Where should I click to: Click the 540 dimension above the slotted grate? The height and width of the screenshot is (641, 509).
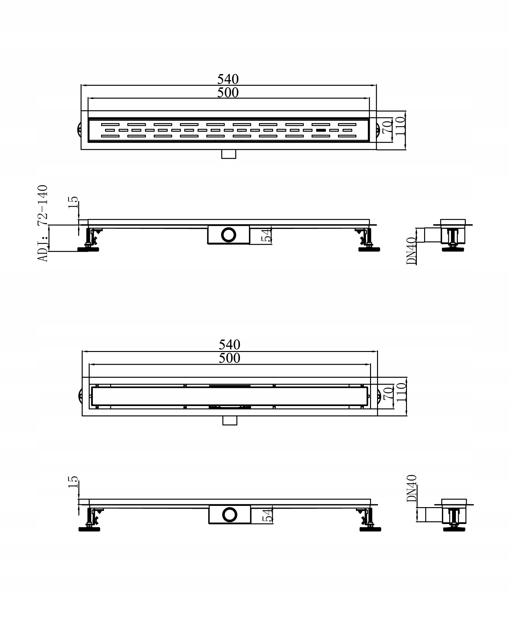point(228,79)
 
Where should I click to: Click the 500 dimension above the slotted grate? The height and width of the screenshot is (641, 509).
point(228,93)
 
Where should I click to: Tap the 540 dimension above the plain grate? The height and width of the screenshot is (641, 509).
point(229,345)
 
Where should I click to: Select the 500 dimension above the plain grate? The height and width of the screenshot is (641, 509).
point(229,358)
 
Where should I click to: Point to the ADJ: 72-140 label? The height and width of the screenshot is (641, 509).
point(43,223)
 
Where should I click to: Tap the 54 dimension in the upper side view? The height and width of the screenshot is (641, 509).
point(267,235)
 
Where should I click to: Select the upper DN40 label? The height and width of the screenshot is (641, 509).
point(411,251)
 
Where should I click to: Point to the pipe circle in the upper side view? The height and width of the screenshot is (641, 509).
point(229,234)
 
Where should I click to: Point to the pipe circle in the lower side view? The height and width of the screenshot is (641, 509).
point(230,514)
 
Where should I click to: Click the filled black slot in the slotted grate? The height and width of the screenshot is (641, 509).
point(320,130)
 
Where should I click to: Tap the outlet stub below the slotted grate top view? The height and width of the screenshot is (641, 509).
point(229,154)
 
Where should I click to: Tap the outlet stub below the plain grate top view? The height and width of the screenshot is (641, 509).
point(230,420)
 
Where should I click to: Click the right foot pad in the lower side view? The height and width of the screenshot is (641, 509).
point(370,529)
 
